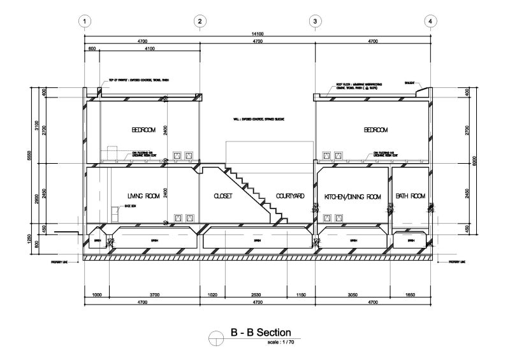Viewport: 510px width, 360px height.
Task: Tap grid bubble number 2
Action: tap(200, 21)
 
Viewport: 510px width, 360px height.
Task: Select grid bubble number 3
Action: tap(315, 21)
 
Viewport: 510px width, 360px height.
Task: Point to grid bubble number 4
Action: tap(431, 21)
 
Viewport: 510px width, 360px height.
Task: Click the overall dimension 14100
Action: tap(258, 34)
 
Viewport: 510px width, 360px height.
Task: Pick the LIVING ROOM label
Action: tap(143, 196)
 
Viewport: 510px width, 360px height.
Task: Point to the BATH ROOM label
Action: tap(410, 196)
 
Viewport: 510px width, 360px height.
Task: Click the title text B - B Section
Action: tap(260, 333)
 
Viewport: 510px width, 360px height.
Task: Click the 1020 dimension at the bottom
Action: tap(214, 294)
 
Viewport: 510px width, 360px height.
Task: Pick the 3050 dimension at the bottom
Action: tap(353, 294)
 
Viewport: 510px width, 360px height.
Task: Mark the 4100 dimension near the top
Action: tap(150, 48)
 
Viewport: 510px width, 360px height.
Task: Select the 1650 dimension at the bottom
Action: tap(411, 294)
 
